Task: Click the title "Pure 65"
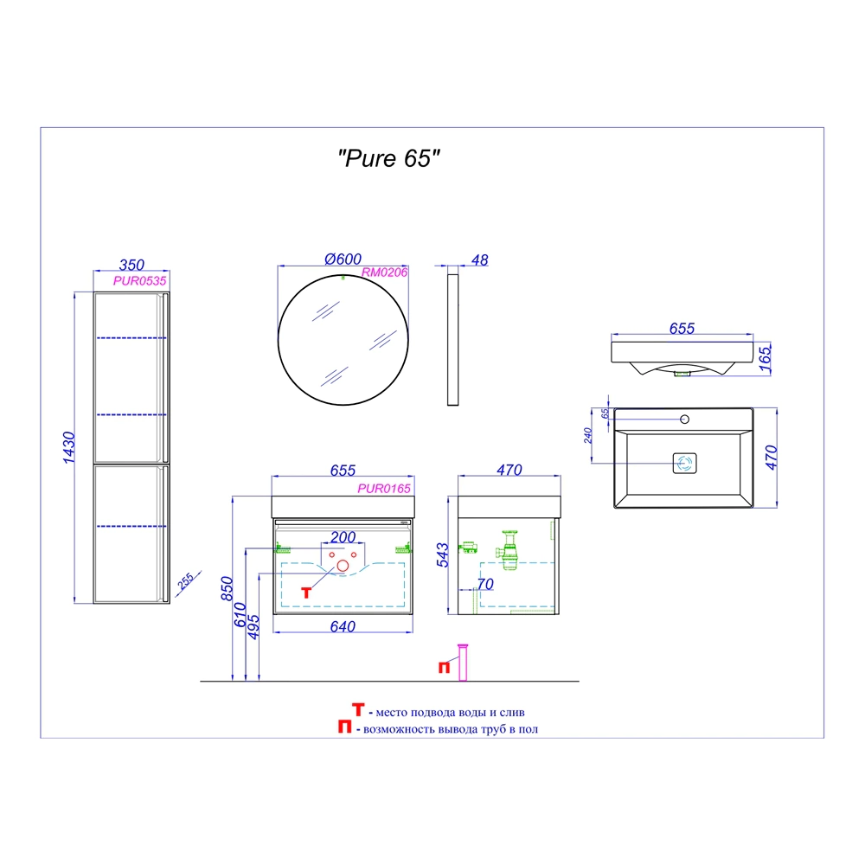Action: point(389,159)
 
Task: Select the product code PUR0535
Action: point(139,281)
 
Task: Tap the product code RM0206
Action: point(385,272)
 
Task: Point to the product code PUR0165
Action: point(384,488)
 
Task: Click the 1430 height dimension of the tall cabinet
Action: point(68,447)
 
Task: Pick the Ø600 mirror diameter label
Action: point(343,259)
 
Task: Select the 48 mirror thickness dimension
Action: point(480,260)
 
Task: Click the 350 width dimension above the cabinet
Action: point(131,265)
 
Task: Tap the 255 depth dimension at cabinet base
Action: point(185,581)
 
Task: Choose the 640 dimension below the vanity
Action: point(343,626)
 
